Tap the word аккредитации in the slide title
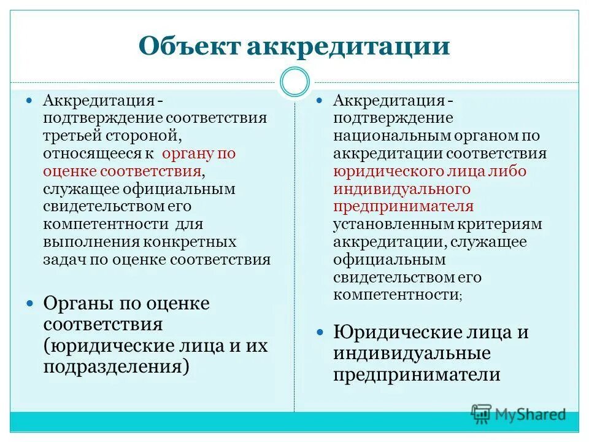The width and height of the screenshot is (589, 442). (x=348, y=47)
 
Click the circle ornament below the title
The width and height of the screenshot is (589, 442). (x=294, y=82)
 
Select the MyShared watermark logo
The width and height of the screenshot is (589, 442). (x=518, y=414)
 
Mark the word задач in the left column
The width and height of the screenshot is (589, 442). (x=65, y=259)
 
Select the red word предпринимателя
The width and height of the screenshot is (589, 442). (x=403, y=206)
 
